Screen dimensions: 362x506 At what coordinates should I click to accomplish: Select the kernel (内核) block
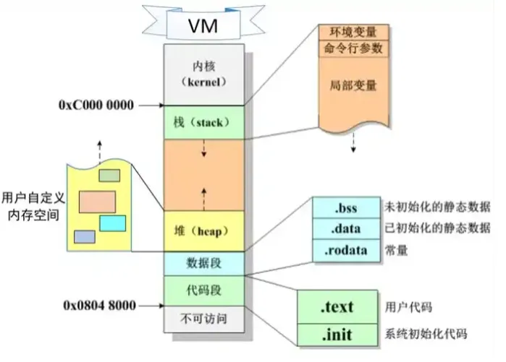point(204,73)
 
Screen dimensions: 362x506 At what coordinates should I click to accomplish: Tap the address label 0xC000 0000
point(96,105)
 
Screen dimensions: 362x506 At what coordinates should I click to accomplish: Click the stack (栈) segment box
point(204,122)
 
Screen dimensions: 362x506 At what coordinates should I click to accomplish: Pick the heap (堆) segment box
point(204,231)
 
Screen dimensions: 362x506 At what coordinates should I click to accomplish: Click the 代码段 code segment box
point(204,290)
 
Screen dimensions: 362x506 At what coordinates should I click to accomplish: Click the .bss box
point(346,207)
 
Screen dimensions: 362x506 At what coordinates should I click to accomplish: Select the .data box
point(346,229)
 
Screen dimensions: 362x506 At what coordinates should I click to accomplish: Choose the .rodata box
point(346,251)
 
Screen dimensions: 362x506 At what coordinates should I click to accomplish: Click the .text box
point(337,307)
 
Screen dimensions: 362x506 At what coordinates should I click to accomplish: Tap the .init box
point(337,334)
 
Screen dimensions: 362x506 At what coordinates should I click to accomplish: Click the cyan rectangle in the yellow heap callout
point(112,223)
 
